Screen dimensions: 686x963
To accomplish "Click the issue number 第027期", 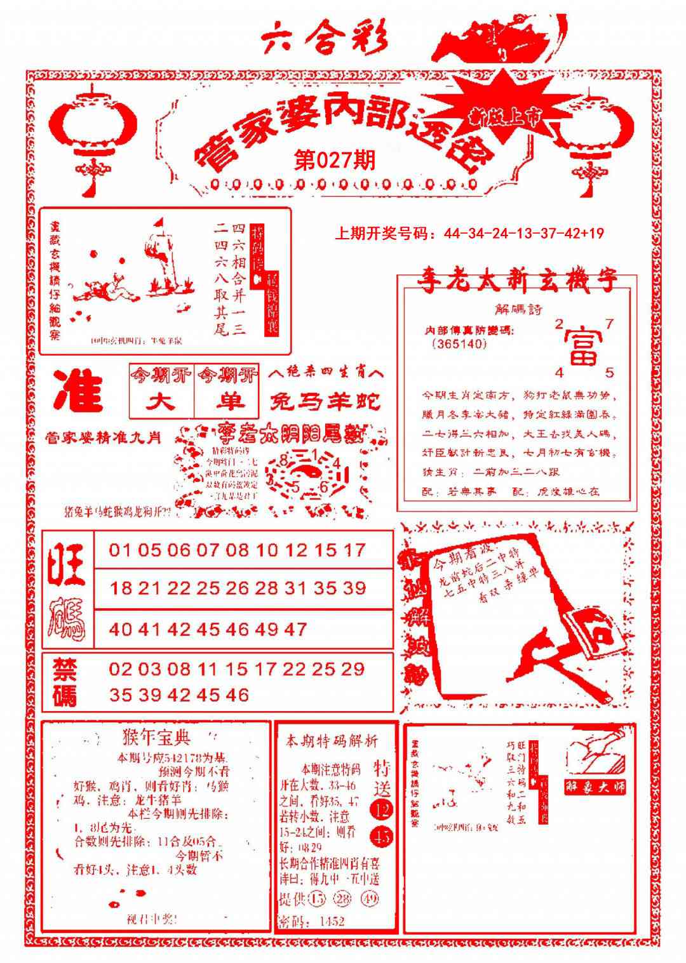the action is click(x=335, y=160).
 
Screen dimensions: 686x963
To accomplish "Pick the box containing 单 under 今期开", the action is click(x=227, y=401).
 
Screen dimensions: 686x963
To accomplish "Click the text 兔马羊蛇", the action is click(x=325, y=401).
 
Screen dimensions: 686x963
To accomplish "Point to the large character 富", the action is click(x=583, y=346).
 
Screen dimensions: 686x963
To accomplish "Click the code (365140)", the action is click(x=459, y=344).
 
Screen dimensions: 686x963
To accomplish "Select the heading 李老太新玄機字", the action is click(x=517, y=280).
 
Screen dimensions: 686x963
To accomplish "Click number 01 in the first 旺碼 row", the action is click(x=120, y=550).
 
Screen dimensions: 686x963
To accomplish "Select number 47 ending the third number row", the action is click(x=295, y=629).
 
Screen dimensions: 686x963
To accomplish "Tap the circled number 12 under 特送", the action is click(x=382, y=809).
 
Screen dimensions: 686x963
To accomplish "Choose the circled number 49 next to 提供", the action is click(x=368, y=899).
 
